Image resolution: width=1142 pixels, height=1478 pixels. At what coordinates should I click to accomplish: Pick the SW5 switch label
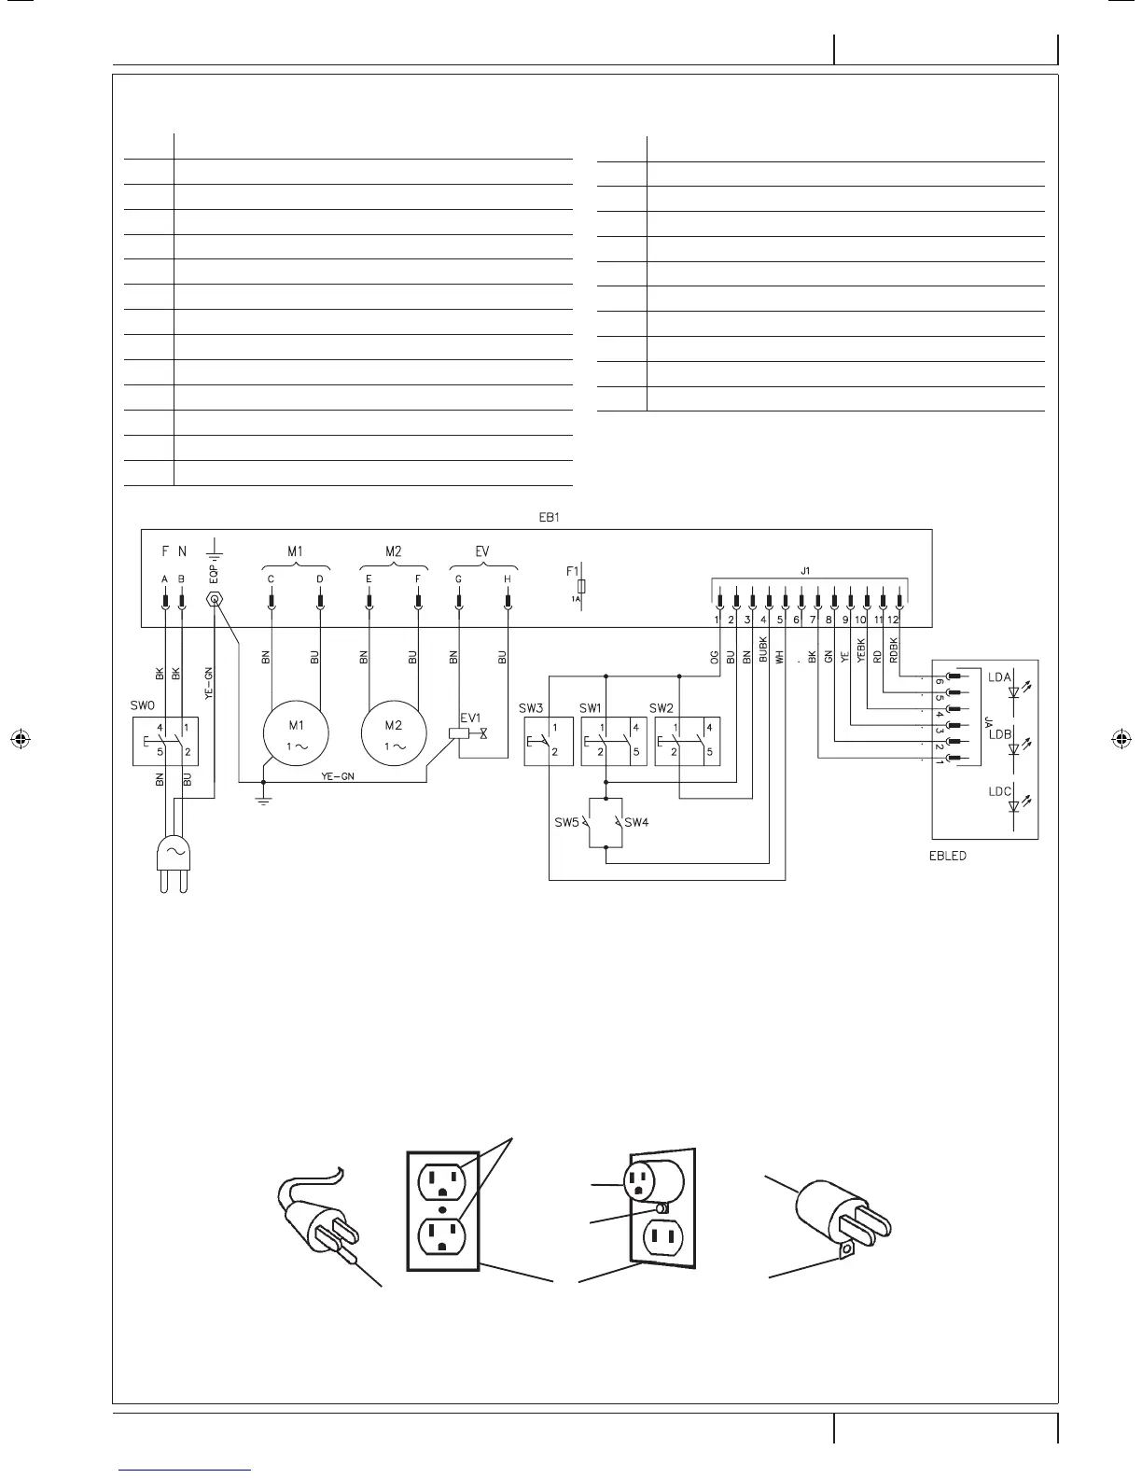pyautogui.click(x=566, y=822)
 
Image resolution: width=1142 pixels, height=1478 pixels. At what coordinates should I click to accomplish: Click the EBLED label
pyautogui.click(x=947, y=856)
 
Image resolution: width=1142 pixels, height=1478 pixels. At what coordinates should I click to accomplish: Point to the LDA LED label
pyautogui.click(x=999, y=677)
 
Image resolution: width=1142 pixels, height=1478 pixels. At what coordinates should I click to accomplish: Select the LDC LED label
pyautogui.click(x=999, y=791)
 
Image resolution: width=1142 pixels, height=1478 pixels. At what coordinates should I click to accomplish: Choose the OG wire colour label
pyautogui.click(x=716, y=658)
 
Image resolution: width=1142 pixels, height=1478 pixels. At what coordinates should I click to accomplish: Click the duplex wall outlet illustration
pyautogui.click(x=443, y=1210)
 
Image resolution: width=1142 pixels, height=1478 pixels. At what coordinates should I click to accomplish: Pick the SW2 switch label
pyautogui.click(x=662, y=707)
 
